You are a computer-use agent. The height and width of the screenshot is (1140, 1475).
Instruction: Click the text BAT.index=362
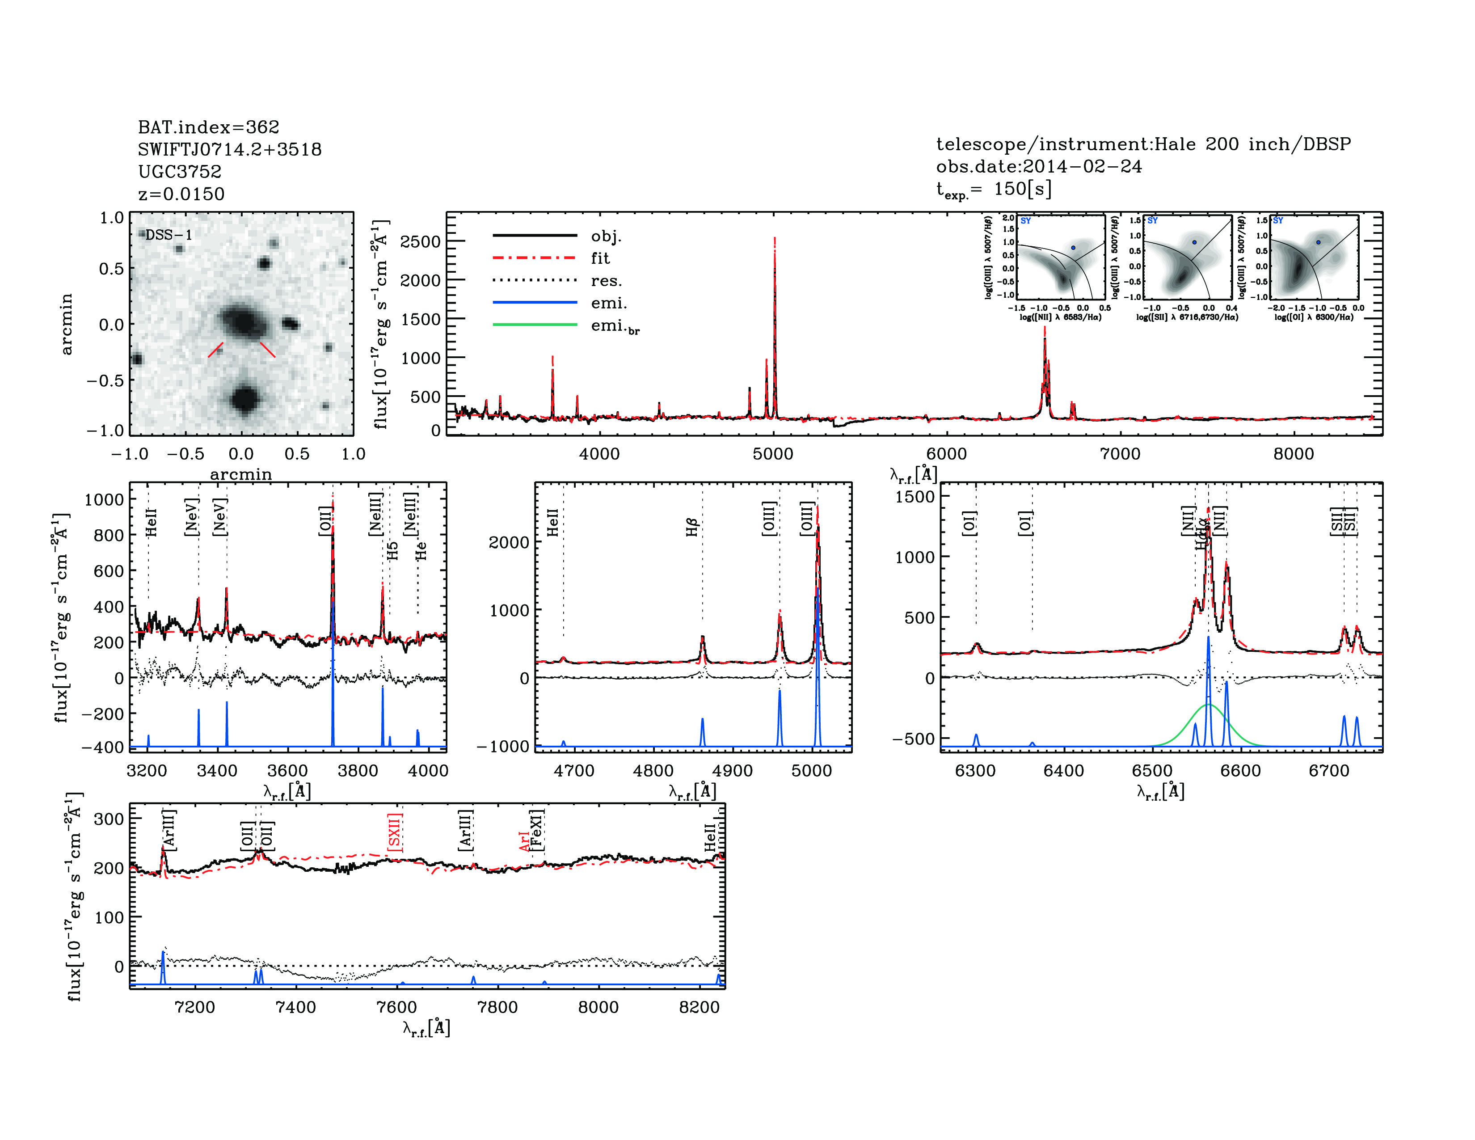[x=208, y=127]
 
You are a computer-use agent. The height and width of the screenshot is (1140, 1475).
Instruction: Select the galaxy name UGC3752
[x=180, y=172]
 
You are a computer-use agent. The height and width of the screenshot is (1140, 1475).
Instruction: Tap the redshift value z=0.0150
[x=181, y=194]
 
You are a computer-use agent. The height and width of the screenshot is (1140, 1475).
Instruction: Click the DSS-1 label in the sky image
[x=169, y=235]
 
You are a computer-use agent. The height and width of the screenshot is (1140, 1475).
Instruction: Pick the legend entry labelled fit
[x=600, y=258]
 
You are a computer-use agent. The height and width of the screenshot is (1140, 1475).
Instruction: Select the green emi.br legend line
[x=535, y=325]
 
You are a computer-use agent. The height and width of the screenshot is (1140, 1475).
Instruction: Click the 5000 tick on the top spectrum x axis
[x=773, y=454]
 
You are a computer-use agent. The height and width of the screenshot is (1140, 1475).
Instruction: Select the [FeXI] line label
[x=537, y=829]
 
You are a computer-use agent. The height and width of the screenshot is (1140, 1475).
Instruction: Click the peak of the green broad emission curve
[x=1208, y=705]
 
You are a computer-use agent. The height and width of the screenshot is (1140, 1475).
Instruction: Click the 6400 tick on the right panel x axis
[x=1064, y=771]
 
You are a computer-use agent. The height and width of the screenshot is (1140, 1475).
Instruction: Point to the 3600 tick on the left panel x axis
[x=288, y=771]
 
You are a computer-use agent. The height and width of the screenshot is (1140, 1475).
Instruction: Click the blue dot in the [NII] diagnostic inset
[x=1073, y=248]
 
